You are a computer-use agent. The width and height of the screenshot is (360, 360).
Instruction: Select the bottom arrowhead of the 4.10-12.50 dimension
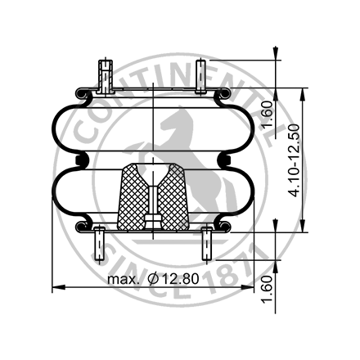pyautogui.click(x=303, y=227)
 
